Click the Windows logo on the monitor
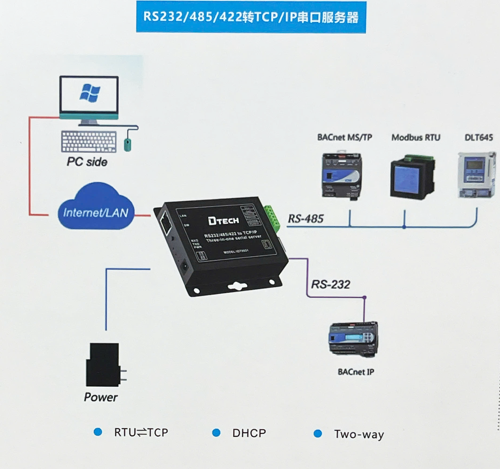coord(90,93)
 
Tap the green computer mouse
coord(128,145)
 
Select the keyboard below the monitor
coord(89,141)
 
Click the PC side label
coord(87,162)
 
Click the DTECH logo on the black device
coord(223,221)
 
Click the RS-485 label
coord(306,219)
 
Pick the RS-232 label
coord(330,284)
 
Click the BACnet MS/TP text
coord(345,137)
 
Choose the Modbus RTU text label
coord(416,138)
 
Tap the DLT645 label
coord(479,138)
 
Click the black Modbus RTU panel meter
coord(412,177)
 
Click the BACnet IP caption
coord(356,372)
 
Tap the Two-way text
coord(359,434)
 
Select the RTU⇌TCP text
coord(141,432)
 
